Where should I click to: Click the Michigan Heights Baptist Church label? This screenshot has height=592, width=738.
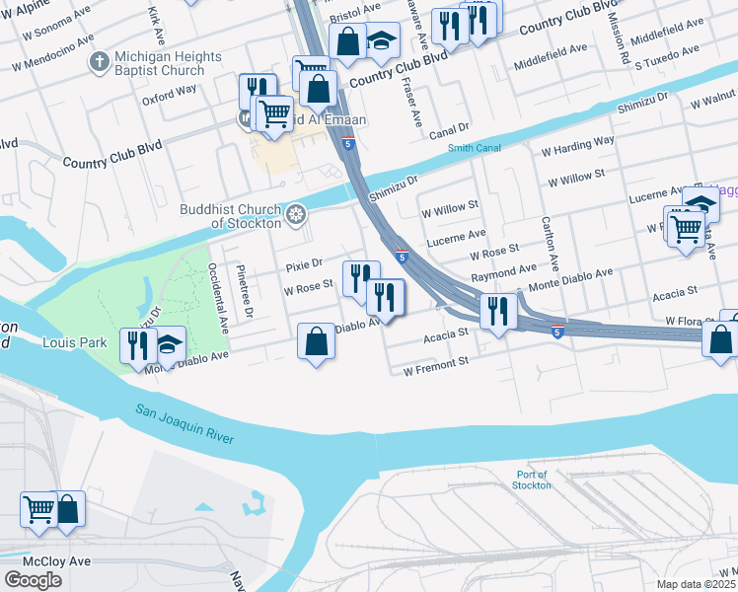[159, 63]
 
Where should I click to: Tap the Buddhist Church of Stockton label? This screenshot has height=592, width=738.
[232, 216]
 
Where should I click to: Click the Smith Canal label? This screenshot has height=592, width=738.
[475, 148]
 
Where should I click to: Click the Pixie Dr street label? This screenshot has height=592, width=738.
[304, 264]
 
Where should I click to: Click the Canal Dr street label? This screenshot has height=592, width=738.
[449, 128]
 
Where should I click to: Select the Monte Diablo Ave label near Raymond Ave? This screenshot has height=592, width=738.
[571, 277]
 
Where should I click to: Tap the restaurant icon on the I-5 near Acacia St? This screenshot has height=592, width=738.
[497, 312]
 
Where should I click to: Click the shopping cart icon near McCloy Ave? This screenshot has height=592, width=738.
[38, 509]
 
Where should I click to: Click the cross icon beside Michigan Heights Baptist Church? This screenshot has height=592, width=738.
[99, 63]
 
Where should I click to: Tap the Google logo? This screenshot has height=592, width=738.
[33, 579]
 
